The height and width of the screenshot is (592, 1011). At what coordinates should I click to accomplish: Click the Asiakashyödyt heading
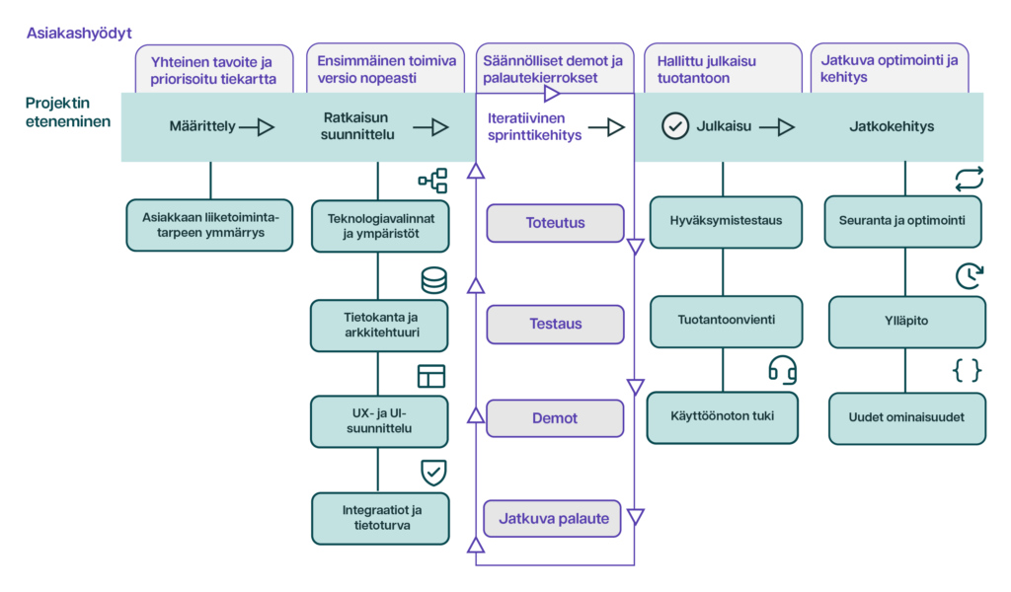pos(79,34)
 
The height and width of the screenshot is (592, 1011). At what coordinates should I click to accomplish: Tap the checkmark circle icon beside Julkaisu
pos(675,126)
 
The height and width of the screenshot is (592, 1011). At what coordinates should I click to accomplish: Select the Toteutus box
pos(555,223)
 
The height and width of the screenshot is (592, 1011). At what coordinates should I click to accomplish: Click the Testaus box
pos(555,324)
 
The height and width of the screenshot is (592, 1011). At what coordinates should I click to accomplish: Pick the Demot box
pos(555,418)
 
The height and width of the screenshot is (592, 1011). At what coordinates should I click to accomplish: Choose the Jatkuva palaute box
pos(553,519)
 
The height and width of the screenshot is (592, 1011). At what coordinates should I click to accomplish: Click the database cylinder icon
pos(434,281)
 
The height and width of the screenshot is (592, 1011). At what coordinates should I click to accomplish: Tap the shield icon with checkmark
pos(433,473)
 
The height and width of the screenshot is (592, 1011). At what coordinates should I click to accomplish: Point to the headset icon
pos(782,370)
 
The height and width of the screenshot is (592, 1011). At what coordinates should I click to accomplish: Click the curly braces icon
pos(968,370)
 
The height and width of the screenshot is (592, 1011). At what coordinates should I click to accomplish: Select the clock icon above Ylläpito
pos(970,275)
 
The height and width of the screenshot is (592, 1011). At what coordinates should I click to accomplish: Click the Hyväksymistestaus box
pos(726,222)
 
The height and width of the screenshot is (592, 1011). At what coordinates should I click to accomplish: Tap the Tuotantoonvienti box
pos(726,321)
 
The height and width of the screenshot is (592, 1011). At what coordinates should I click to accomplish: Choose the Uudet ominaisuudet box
pos(906,418)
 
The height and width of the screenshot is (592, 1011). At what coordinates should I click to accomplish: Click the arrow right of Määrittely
pos(257,127)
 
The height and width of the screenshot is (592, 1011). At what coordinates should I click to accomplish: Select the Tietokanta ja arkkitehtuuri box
pos(379,326)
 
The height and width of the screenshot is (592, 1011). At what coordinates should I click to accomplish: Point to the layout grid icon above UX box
pos(431,376)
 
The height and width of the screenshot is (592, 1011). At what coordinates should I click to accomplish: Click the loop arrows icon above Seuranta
pos(970,180)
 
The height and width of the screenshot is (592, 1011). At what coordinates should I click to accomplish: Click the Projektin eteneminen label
pos(68,112)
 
